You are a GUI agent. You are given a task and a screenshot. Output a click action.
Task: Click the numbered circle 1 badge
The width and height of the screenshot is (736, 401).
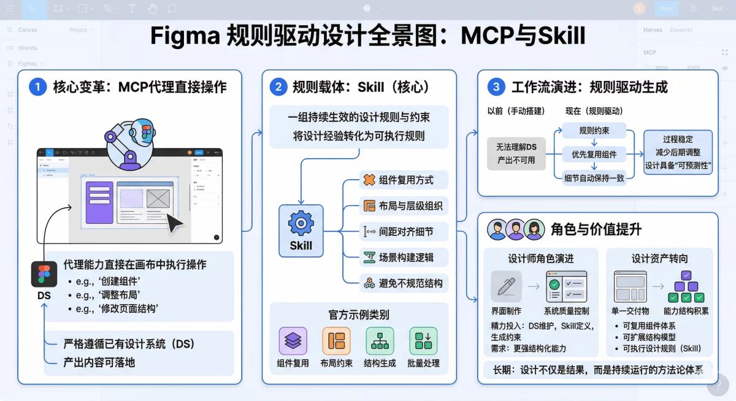37,87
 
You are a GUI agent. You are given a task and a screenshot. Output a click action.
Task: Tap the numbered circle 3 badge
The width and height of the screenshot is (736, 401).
496,87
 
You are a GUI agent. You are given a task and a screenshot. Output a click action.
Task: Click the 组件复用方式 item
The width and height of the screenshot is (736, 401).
405,180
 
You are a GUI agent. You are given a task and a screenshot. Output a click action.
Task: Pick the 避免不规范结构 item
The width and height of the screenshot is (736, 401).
405,283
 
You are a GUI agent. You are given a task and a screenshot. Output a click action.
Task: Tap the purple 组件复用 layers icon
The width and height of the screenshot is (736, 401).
293,341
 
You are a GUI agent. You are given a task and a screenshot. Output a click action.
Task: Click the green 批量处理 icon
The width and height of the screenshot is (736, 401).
423,341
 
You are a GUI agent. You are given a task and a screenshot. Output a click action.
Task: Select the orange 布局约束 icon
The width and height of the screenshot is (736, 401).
336,341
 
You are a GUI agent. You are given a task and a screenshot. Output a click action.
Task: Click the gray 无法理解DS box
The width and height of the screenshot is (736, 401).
516,153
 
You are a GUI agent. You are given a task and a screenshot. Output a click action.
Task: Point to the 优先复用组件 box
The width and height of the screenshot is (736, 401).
594,154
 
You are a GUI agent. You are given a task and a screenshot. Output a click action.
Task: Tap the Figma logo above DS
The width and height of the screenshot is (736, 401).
44,274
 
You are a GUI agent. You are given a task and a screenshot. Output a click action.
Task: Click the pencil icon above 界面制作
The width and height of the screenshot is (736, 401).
507,286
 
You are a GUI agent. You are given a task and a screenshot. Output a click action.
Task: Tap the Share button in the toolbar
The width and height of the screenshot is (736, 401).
666,9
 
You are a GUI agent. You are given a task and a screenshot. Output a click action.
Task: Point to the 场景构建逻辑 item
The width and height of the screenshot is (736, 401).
405,258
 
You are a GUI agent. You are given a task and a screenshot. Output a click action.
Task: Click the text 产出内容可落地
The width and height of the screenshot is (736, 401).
99,362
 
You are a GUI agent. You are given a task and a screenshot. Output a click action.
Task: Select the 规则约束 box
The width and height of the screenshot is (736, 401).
594,131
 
